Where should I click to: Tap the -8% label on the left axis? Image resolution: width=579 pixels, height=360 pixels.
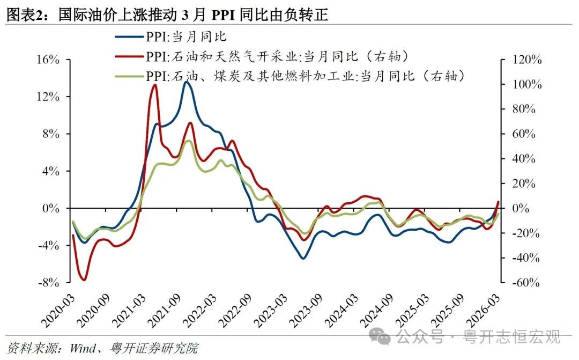[x=48, y=282]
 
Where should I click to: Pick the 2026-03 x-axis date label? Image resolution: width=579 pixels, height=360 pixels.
[x=484, y=311]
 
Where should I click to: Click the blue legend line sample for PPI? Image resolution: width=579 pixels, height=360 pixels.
[x=129, y=36]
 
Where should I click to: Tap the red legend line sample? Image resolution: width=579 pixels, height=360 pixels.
[x=129, y=56]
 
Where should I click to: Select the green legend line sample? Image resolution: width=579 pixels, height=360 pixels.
[x=129, y=76]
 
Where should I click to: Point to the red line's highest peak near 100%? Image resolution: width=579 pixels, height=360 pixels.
[x=155, y=85]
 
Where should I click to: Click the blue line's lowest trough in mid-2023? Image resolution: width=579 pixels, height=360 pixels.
[x=303, y=258]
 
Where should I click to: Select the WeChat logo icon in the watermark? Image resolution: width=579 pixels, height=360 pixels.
[x=380, y=336]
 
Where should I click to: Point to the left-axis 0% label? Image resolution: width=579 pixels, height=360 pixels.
[x=50, y=209]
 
